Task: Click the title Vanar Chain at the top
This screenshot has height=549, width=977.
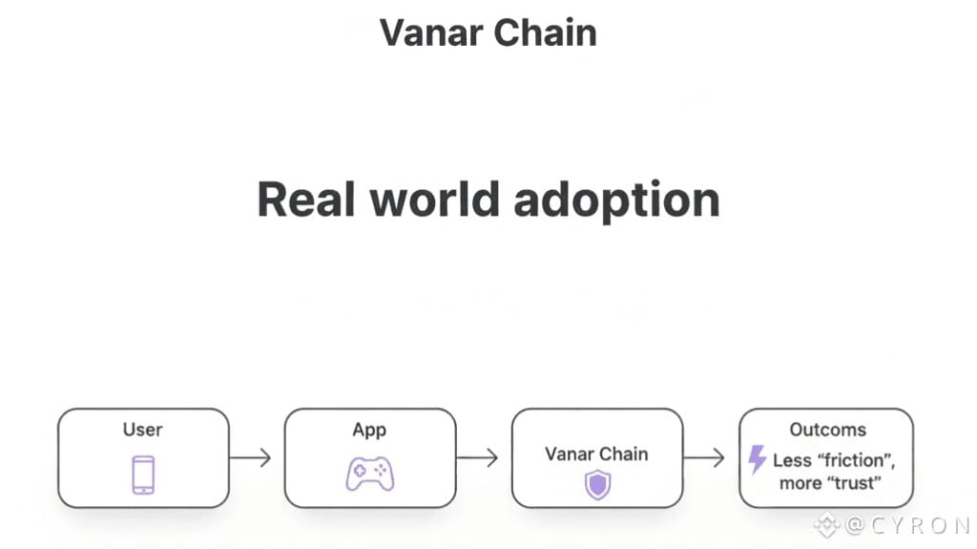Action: (488, 32)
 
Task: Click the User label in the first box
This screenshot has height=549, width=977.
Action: (142, 430)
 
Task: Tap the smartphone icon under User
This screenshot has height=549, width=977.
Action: (143, 475)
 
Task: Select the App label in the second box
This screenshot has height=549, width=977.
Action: (369, 430)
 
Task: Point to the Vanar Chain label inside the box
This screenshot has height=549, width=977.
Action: (596, 454)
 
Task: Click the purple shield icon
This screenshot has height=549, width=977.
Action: (597, 485)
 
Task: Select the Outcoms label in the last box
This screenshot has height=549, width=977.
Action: (827, 430)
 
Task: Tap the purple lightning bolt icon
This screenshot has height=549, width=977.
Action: (758, 459)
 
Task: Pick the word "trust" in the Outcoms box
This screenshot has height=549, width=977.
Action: (852, 483)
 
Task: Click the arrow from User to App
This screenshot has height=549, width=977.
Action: (250, 458)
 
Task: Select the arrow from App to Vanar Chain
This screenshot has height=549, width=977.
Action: (477, 458)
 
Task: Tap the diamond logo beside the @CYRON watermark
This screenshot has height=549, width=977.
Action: (826, 524)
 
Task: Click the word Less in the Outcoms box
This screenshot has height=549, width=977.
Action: (792, 460)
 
